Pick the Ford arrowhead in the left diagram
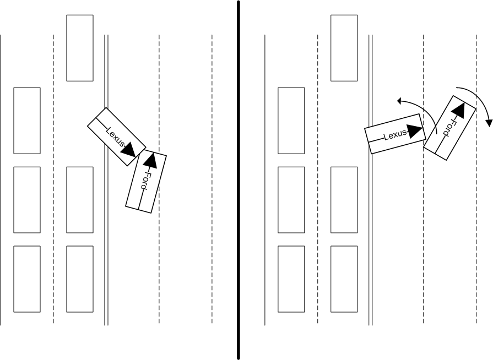151,160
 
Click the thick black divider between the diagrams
239,220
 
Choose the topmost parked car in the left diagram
80,48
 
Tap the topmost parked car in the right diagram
344,48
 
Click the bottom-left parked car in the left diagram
27,279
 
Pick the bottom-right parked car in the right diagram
344,279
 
